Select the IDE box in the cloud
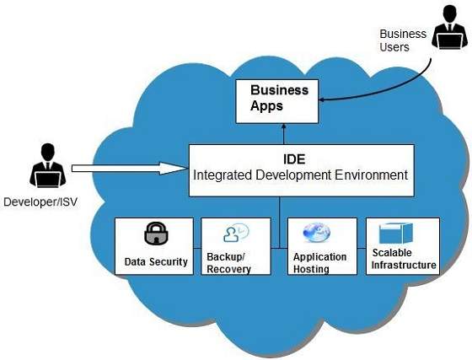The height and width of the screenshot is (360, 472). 301,169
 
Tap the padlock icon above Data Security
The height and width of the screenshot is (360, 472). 156,233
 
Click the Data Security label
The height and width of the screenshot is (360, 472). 156,261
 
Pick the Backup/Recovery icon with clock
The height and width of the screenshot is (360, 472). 235,234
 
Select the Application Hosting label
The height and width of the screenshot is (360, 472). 319,262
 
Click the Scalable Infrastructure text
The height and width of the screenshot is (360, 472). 404,259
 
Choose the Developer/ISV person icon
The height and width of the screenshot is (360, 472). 47,166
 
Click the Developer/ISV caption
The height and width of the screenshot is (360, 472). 40,202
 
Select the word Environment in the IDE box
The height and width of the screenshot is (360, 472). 367,175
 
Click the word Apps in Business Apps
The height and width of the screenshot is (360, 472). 266,106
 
